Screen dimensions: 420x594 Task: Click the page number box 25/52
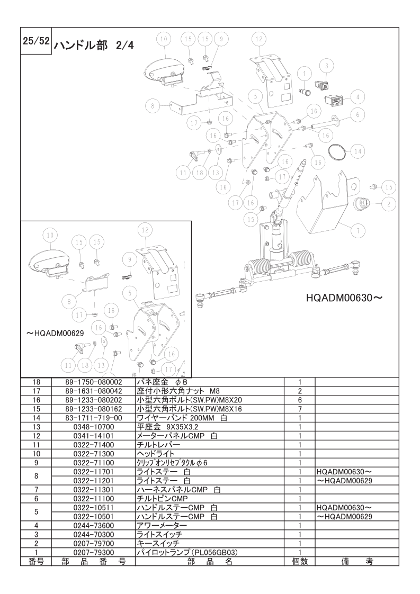point(36,41)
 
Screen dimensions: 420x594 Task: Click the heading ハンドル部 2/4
point(93,46)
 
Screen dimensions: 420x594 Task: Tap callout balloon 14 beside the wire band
point(358,151)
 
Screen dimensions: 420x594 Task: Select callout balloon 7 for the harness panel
point(358,230)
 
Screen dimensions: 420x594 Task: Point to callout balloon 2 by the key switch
point(389,204)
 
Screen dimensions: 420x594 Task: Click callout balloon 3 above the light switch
point(327,66)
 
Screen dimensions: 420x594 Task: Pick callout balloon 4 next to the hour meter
point(358,97)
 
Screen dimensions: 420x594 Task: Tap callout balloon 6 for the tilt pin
point(358,114)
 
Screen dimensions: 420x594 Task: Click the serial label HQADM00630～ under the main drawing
point(344,298)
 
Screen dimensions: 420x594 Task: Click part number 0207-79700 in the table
point(93,544)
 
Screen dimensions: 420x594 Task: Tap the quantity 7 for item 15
point(299,409)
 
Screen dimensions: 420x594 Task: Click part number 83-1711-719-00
point(93,418)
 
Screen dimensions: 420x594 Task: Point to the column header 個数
point(299,561)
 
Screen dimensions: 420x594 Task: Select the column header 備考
point(356,561)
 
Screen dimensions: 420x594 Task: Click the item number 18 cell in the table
point(36,382)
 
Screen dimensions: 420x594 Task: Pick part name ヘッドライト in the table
point(156,454)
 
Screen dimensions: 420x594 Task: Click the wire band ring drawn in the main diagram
point(337,151)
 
